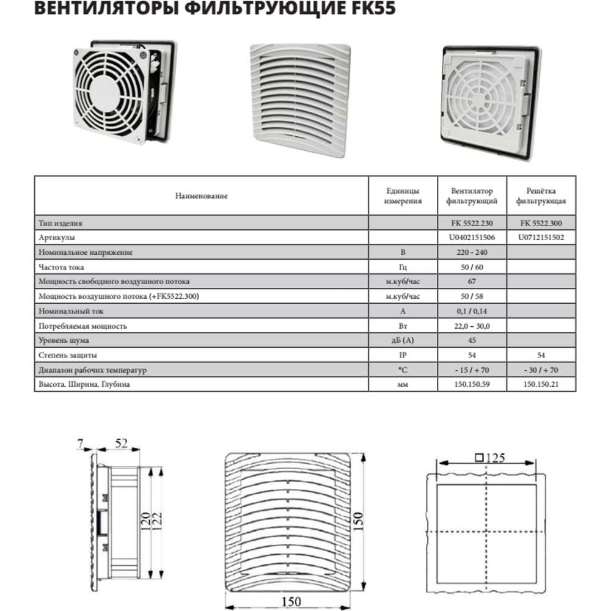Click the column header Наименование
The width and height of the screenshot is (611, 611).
(201, 196)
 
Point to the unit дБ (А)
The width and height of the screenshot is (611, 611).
(403, 340)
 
